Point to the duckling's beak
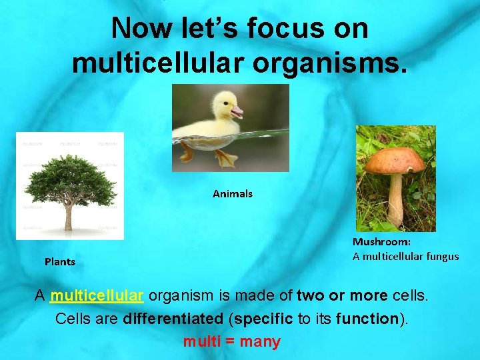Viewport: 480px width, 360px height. point(237,112)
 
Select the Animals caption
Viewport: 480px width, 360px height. point(233,194)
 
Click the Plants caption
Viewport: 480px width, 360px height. point(60,262)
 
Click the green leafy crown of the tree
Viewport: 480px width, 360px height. point(68,177)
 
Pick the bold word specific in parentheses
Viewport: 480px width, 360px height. point(263,319)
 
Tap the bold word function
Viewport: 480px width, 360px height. point(367,319)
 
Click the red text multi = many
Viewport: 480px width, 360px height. point(232,342)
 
